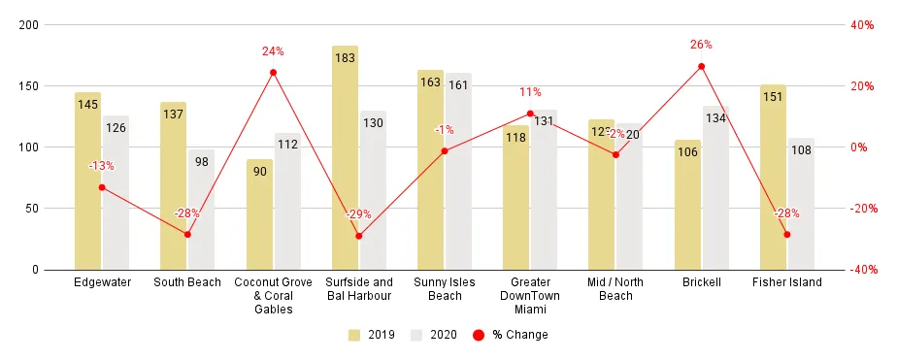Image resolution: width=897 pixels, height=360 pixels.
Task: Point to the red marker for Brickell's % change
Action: [701, 67]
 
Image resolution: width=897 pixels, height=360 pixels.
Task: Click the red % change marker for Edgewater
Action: [102, 187]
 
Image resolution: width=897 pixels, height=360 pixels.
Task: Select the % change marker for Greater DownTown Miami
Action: [530, 114]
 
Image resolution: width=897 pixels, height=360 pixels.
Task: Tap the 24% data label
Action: [273, 51]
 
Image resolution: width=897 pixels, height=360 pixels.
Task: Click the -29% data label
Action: [358, 213]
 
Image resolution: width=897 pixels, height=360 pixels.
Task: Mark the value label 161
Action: [458, 85]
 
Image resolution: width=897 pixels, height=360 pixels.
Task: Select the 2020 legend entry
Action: [436, 335]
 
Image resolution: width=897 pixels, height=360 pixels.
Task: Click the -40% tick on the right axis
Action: [866, 270]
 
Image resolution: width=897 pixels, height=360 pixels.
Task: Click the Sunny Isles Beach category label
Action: [445, 289]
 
